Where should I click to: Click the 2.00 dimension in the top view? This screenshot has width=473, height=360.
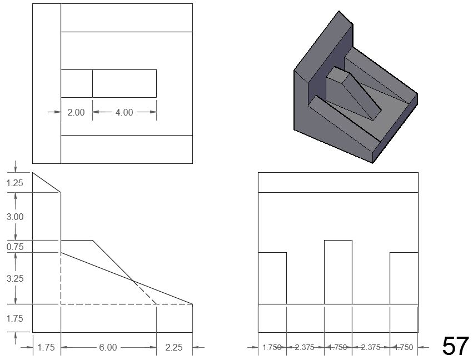coord(76,112)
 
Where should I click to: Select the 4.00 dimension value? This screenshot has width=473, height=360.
coord(124,112)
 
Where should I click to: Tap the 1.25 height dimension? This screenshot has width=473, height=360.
coord(15,183)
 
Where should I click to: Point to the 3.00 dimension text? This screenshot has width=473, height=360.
coord(15,217)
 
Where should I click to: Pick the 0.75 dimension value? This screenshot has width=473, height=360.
coord(15,247)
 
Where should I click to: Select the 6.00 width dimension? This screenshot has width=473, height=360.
coord(108,348)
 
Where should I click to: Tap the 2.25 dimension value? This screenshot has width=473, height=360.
coord(174,348)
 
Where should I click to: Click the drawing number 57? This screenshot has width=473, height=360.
coord(455,346)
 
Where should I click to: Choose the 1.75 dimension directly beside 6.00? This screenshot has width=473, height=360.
coord(46,348)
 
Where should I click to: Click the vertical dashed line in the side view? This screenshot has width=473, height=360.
coord(61,278)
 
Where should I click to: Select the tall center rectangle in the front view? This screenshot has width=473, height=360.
coord(338,272)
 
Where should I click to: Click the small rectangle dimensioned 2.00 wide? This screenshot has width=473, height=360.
coord(77,83)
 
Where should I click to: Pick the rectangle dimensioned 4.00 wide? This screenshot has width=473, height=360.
coord(124,83)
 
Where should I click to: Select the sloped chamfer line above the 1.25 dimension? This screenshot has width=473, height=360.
coord(46,183)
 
